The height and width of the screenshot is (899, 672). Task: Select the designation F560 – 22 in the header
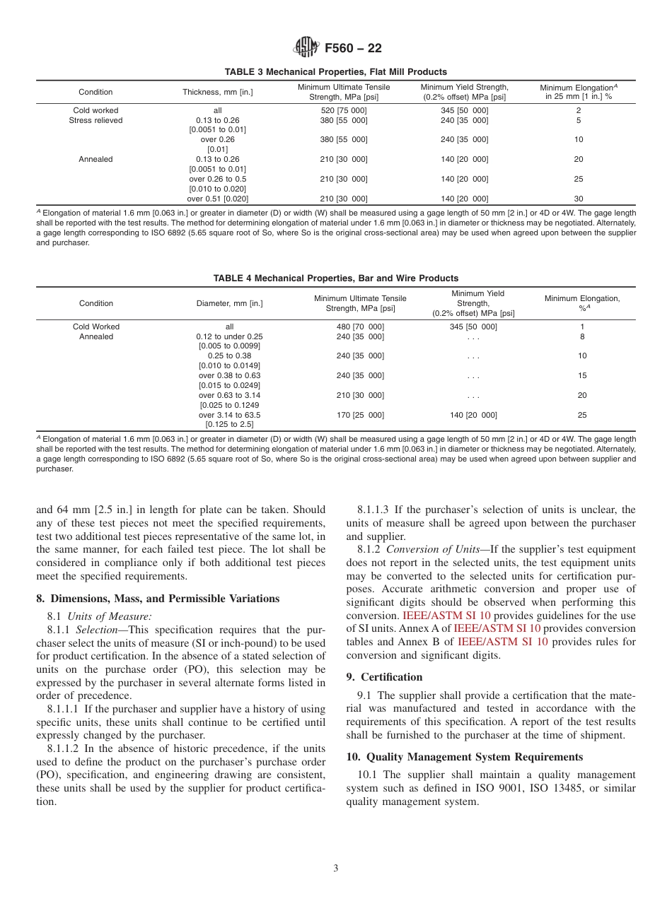[353, 49]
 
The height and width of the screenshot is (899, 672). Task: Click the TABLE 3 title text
[335, 72]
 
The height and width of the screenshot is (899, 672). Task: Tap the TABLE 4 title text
[335, 278]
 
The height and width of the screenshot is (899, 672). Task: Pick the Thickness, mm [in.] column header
[218, 92]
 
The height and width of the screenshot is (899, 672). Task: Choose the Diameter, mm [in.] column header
[229, 303]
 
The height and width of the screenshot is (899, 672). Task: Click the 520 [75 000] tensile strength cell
[344, 111]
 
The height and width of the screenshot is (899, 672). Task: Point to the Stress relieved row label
[95, 120]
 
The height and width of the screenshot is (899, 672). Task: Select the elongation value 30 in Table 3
[578, 199]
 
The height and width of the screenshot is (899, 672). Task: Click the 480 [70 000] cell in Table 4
[360, 327]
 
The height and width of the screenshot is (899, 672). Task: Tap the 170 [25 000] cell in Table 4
[360, 415]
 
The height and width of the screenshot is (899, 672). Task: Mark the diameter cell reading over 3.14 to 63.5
[229, 415]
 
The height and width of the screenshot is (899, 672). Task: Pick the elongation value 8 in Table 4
[581, 336]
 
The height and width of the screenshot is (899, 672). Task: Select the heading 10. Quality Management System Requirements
[464, 757]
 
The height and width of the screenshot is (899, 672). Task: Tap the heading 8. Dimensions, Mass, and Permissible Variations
[158, 599]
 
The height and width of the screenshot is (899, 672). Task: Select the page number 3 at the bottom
[336, 869]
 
